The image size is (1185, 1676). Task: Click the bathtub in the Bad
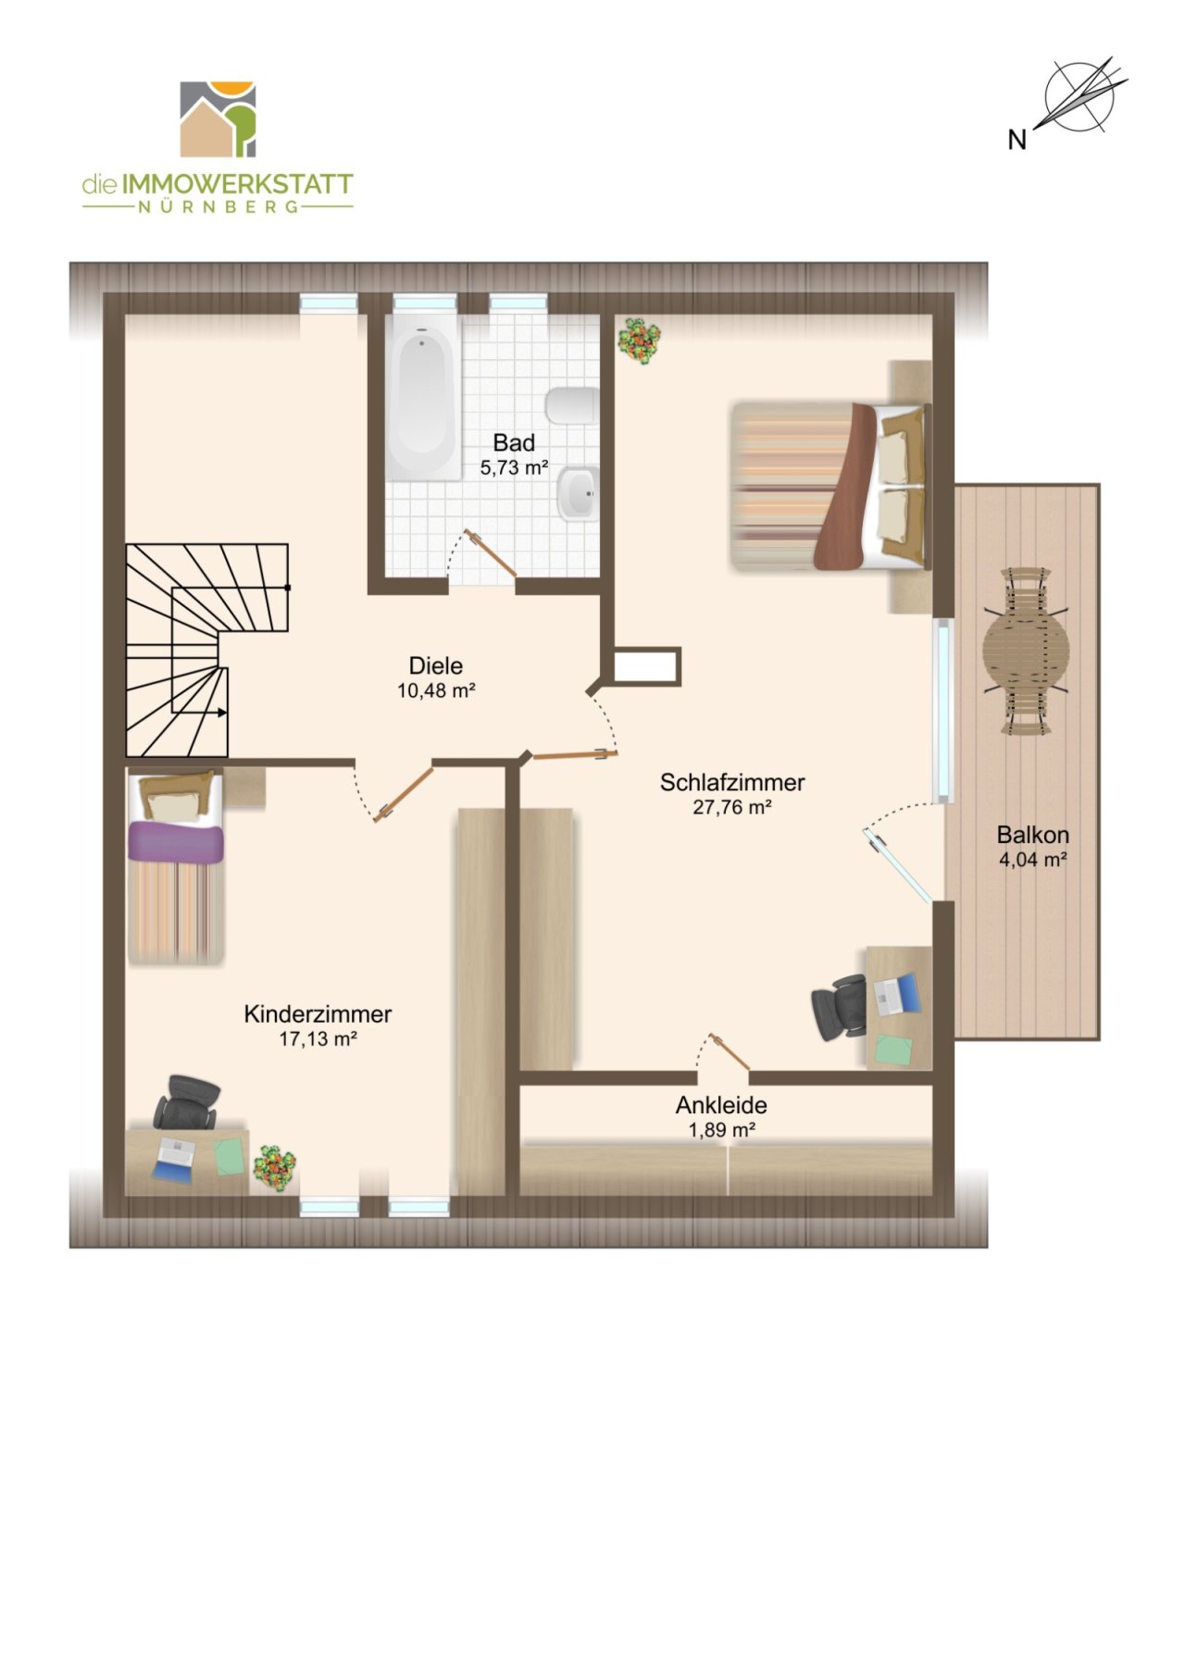click(422, 396)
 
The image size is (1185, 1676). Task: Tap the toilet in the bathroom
click(572, 405)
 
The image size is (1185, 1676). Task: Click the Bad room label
click(514, 442)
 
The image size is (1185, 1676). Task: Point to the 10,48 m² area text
click(436, 690)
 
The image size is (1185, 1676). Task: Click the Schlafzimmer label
click(732, 782)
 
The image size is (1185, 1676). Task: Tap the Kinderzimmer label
click(318, 1013)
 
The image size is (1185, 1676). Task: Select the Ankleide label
click(721, 1105)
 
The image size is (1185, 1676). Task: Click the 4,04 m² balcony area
click(1033, 859)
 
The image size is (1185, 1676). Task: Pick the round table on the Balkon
click(1027, 652)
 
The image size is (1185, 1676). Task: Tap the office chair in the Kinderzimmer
click(187, 1101)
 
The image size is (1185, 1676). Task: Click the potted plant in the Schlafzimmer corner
click(639, 340)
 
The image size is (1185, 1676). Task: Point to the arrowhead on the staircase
click(222, 713)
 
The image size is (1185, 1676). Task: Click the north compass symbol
click(1079, 94)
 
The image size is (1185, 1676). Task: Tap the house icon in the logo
click(218, 119)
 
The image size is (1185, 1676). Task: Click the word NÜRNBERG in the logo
click(218, 207)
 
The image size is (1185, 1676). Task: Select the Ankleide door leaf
click(730, 1052)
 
